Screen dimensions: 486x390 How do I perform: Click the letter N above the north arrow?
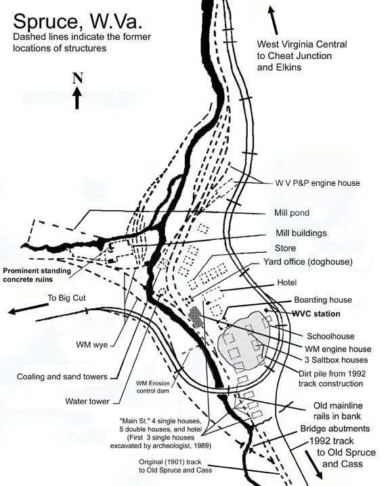pos(77,78)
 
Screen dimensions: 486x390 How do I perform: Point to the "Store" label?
pos(285,248)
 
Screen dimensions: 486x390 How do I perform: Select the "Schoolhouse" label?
pos(330,336)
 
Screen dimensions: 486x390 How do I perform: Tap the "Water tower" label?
pos(87,401)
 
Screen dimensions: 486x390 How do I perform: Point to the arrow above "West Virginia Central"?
pos(276,21)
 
